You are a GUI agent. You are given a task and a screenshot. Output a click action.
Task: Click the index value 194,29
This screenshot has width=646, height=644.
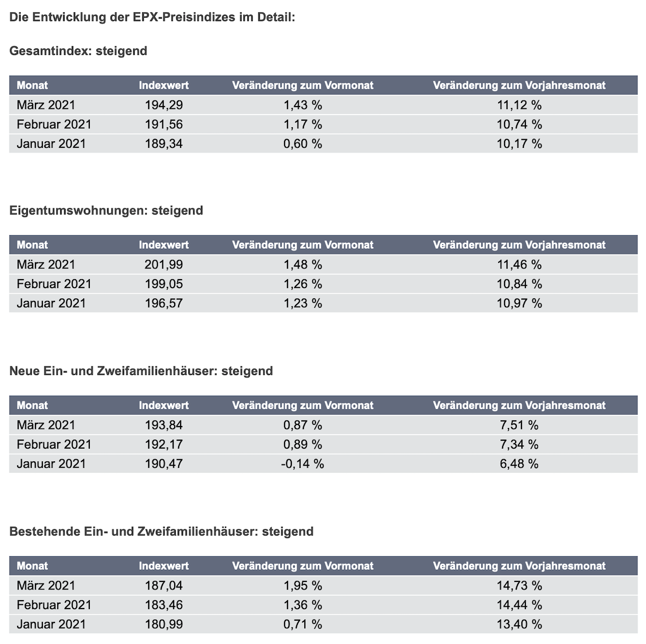(164, 105)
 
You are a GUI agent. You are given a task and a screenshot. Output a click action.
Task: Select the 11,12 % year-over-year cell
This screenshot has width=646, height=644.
(519, 105)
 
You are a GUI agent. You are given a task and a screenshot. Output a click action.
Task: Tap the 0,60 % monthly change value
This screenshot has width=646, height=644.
(302, 144)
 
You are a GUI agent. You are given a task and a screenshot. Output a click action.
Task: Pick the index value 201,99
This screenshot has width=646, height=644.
(164, 264)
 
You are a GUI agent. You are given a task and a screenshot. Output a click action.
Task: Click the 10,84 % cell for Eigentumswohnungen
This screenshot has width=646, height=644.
(519, 284)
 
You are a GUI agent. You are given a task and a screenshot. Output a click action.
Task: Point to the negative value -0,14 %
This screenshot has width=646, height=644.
(302, 464)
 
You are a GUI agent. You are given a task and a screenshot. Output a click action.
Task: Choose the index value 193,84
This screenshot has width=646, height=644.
(164, 425)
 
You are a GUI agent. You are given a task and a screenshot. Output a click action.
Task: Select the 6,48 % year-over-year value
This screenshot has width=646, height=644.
(519, 464)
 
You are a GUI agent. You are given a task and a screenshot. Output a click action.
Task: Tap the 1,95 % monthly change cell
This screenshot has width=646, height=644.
(302, 585)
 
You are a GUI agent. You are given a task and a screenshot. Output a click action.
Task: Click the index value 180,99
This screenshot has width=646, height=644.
(164, 624)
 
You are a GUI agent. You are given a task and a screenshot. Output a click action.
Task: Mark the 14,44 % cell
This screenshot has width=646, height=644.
(519, 605)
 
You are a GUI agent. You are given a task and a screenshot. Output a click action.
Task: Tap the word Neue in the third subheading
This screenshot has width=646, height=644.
(24, 371)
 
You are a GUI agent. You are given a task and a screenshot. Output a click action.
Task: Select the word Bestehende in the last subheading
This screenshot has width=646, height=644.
(44, 531)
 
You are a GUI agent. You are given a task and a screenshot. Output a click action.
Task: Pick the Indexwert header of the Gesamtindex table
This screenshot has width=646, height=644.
(164, 85)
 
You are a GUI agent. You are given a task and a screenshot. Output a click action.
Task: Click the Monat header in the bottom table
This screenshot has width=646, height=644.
(32, 566)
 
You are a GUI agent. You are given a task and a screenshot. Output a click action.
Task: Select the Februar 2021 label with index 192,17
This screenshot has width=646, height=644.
(54, 444)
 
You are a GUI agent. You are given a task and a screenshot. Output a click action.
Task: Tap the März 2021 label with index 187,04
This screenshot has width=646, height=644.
(46, 585)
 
